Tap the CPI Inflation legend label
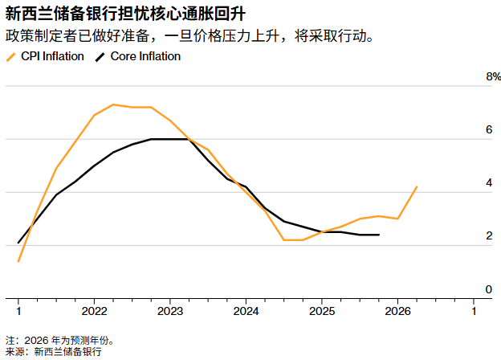52,56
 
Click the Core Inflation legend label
145,56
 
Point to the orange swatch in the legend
10,56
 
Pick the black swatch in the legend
100,56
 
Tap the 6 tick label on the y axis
489,130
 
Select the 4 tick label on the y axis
489,183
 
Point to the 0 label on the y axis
489,289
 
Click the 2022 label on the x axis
94,311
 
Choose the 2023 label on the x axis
170,311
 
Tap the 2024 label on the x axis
246,311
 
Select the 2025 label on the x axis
322,311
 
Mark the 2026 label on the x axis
397,311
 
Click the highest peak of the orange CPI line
113,104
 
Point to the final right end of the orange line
417,186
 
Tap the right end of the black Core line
379,235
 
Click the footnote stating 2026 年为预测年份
59,340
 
